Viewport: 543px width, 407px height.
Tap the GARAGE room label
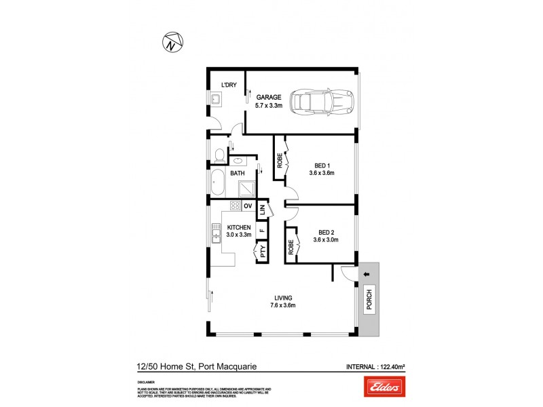[267, 97]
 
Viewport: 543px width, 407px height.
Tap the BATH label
[237, 174]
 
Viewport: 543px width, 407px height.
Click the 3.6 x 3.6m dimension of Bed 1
[323, 173]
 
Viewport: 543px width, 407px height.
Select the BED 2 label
[323, 233]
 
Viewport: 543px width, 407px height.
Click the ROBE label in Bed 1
[279, 161]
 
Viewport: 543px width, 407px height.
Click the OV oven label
[248, 206]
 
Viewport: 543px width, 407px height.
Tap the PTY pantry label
[261, 254]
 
